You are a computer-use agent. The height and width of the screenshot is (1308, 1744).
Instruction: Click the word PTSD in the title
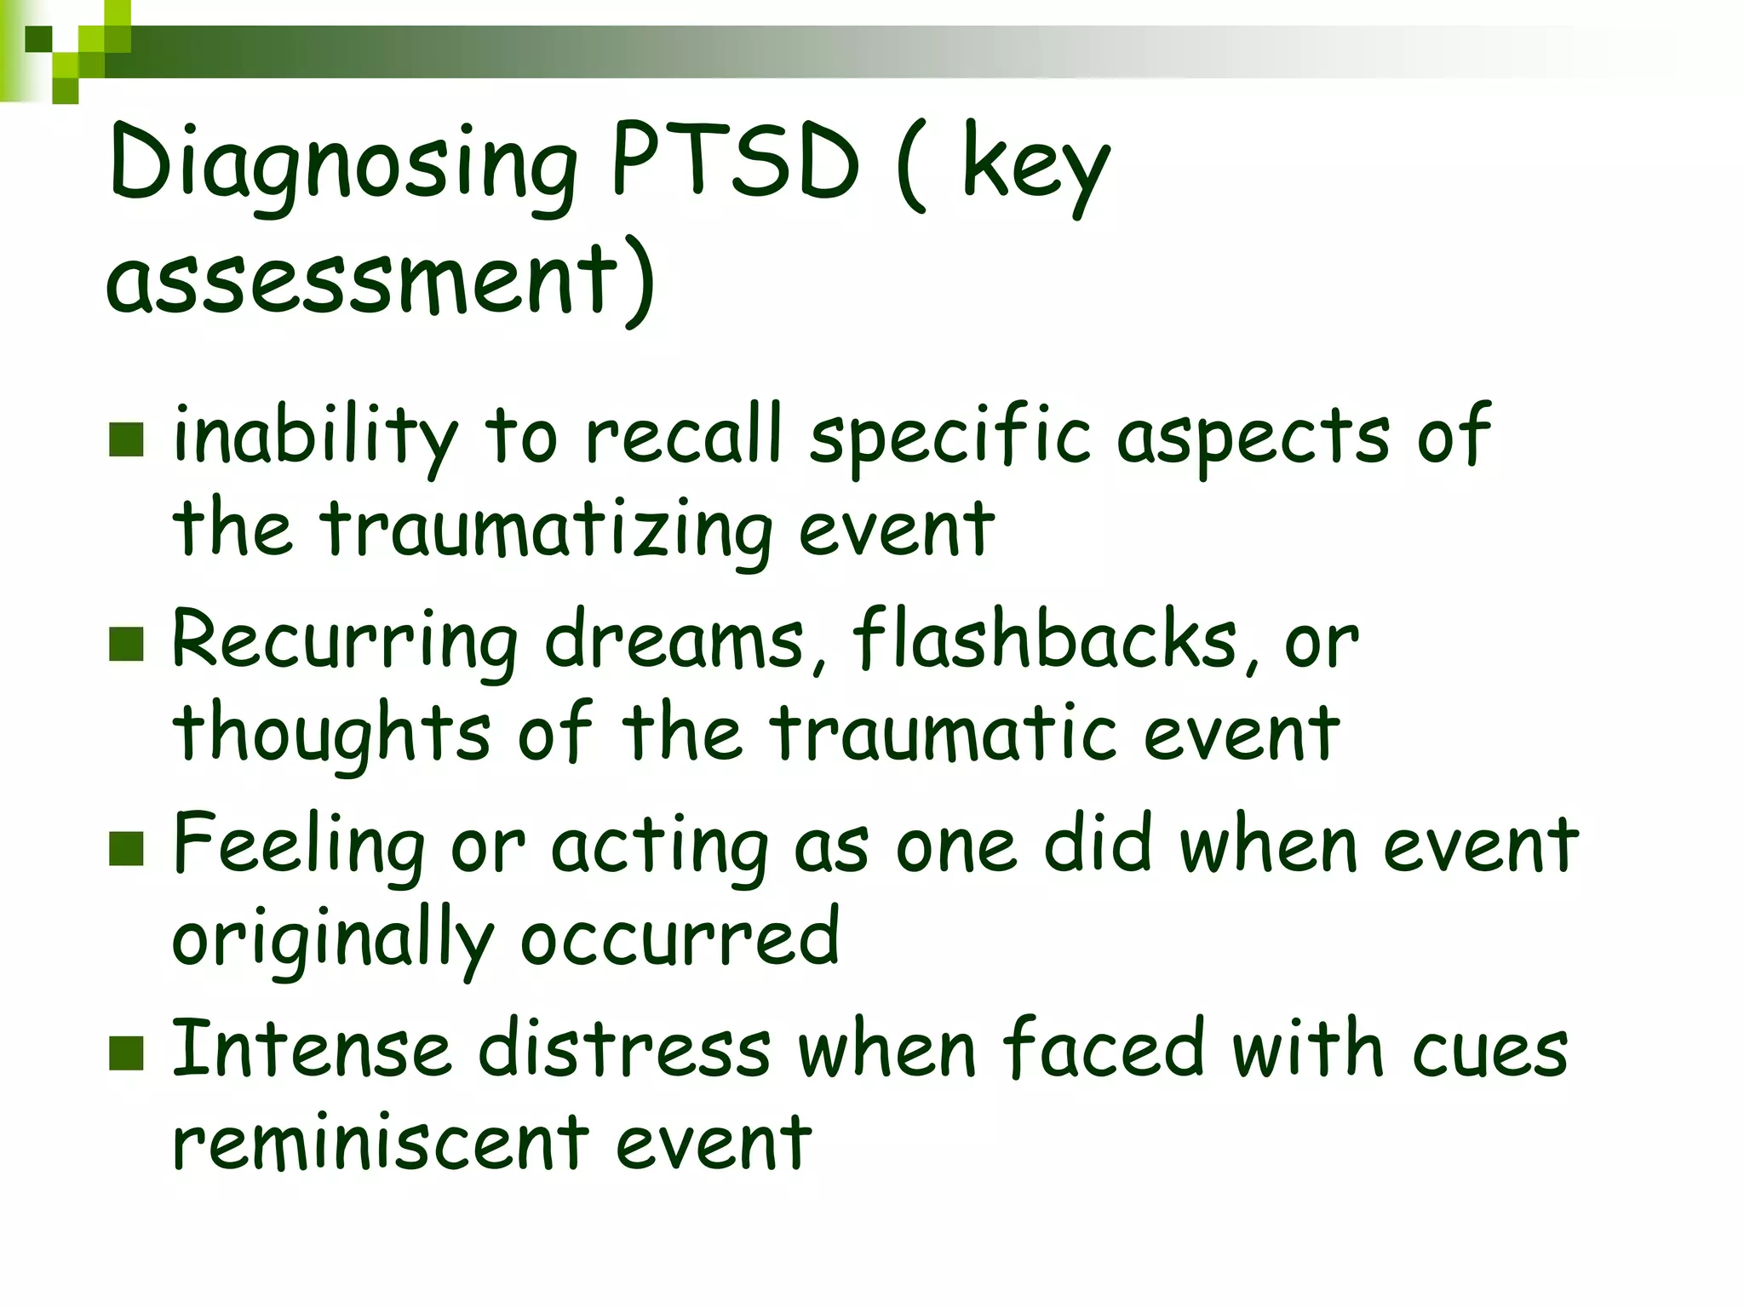(735, 162)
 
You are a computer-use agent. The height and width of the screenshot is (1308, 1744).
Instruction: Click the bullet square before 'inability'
(126, 439)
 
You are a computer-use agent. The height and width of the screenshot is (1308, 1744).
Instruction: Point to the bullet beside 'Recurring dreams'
(126, 644)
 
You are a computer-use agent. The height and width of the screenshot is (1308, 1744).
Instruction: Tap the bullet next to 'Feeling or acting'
(126, 848)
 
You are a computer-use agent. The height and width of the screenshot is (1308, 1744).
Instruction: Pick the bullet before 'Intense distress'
(126, 1053)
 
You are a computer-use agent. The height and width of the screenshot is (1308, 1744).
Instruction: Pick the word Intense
(311, 1050)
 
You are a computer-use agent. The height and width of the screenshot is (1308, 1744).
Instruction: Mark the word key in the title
(1035, 166)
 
